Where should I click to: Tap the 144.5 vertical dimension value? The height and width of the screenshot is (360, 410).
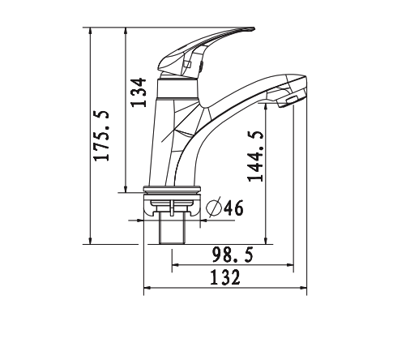[256, 155]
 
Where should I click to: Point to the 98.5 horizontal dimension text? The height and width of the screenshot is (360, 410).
[233, 255]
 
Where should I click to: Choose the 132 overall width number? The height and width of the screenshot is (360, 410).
[224, 278]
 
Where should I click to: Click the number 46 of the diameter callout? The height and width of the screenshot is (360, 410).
[233, 208]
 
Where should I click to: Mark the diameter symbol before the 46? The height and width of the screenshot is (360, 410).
[214, 208]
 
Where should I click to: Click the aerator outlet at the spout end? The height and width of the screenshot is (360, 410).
[289, 101]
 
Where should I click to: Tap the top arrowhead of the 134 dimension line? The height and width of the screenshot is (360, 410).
[126, 32]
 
